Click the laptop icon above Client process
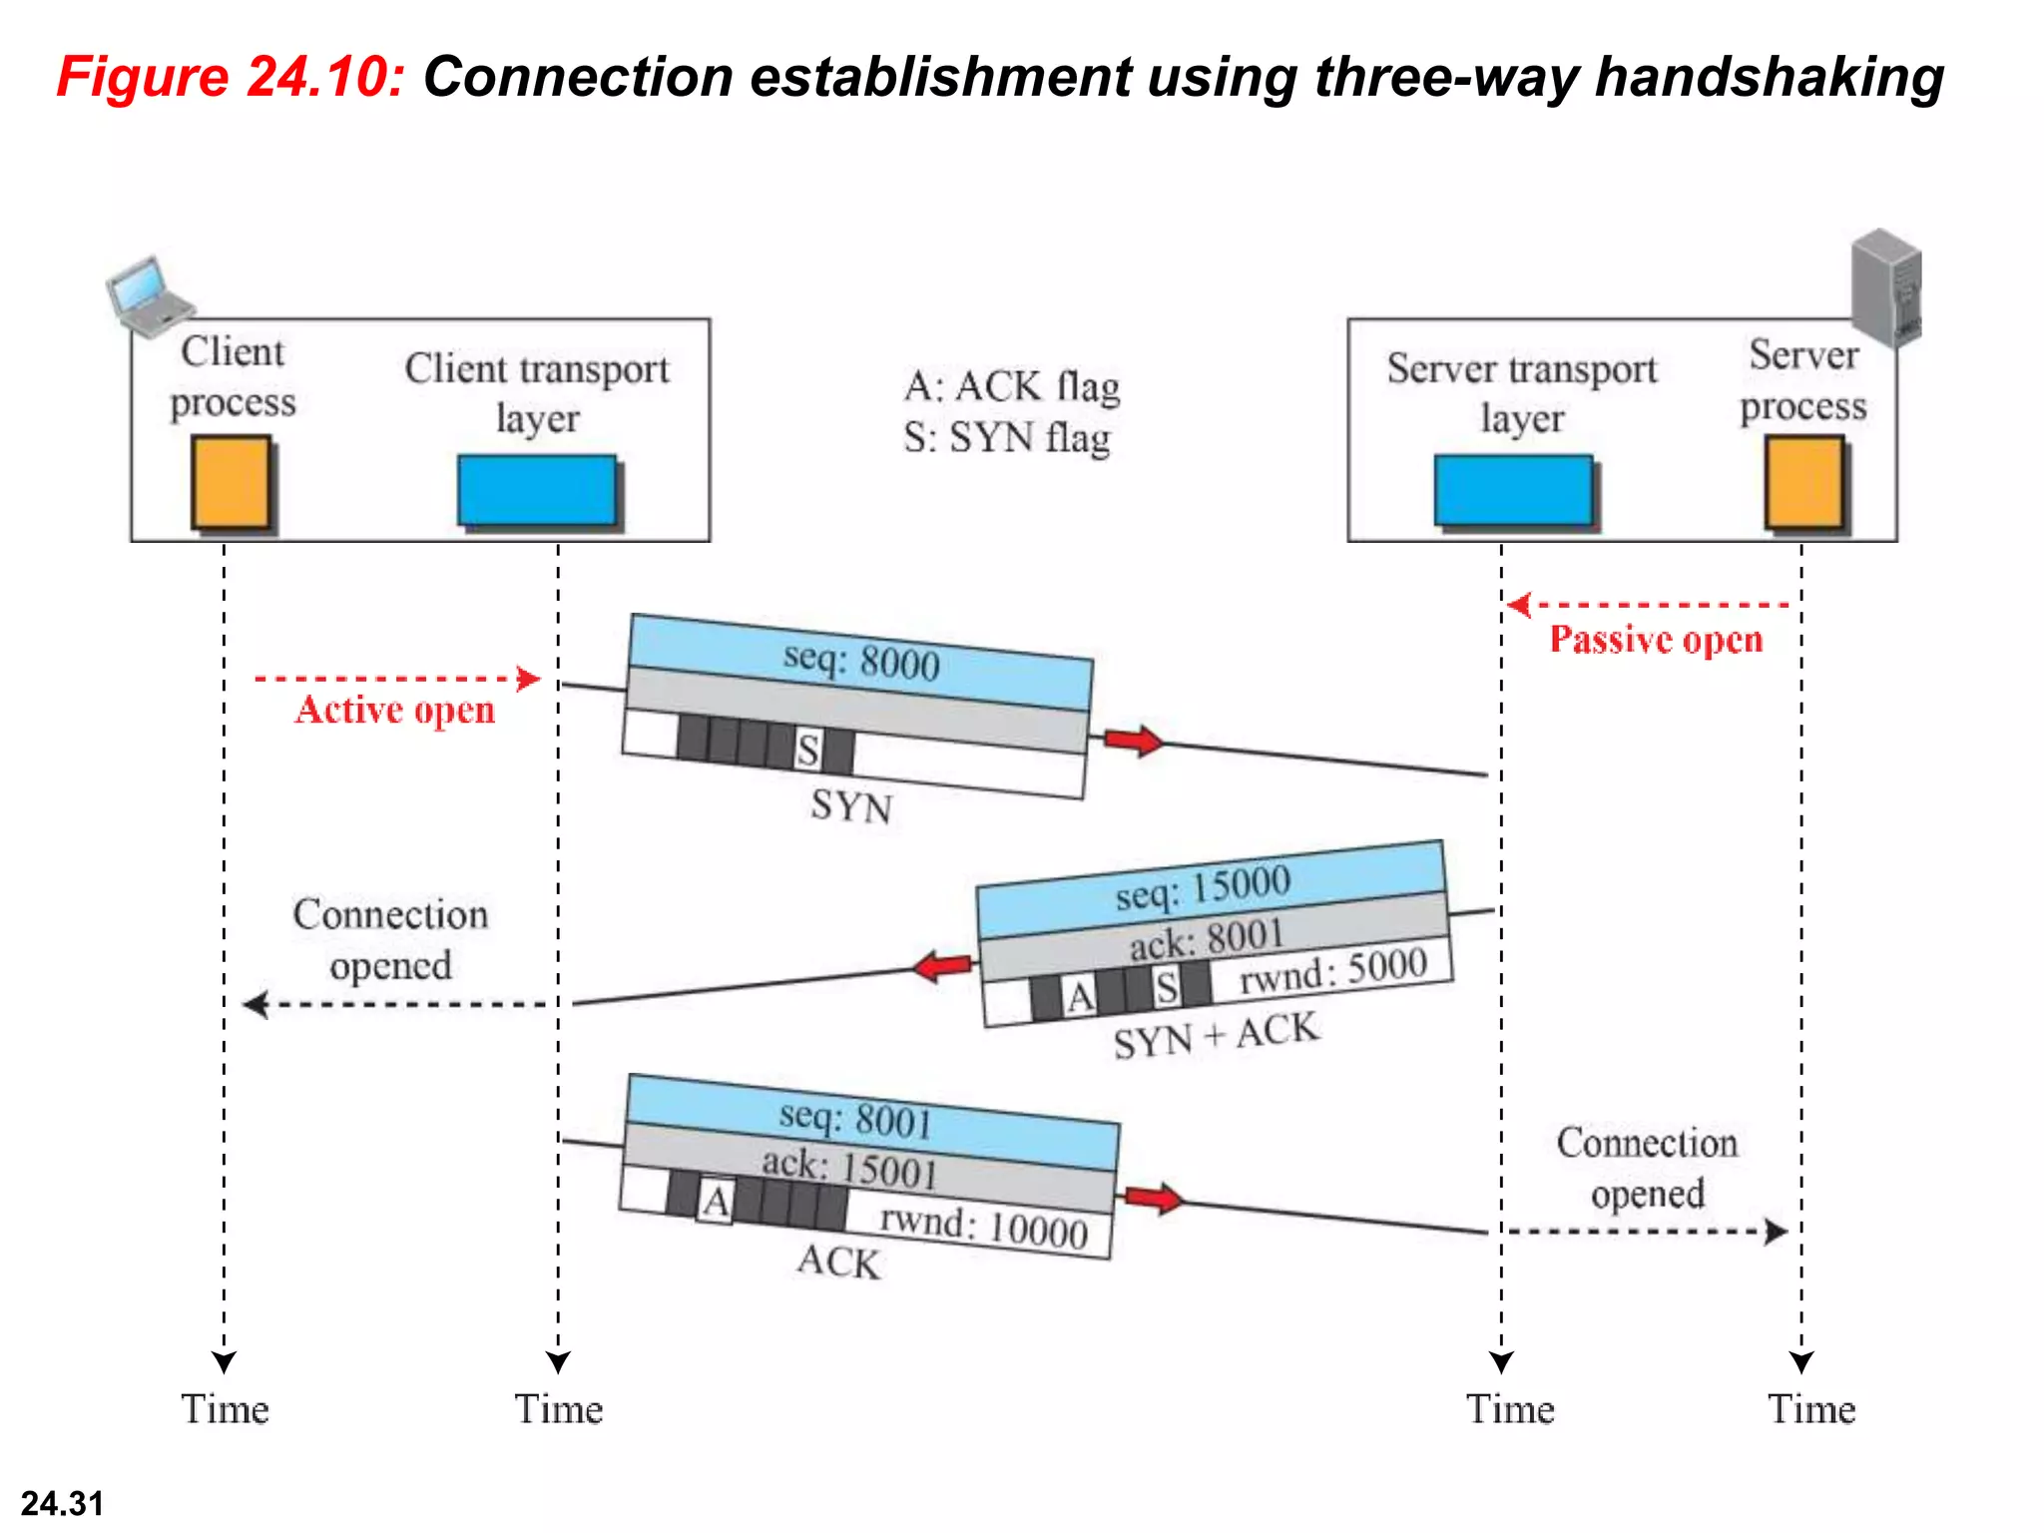(150, 295)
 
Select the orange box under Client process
(231, 482)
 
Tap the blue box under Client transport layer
(537, 489)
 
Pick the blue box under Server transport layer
(1513, 489)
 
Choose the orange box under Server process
(1803, 483)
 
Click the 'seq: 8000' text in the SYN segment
(861, 662)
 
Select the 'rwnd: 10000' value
(983, 1227)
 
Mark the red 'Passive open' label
(1656, 639)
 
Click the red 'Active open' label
(395, 710)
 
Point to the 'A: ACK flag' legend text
(1012, 386)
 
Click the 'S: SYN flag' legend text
(1007, 438)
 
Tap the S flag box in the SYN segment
(808, 750)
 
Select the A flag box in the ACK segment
(715, 1202)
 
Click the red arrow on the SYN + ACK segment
(943, 965)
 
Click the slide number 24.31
(62, 1503)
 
